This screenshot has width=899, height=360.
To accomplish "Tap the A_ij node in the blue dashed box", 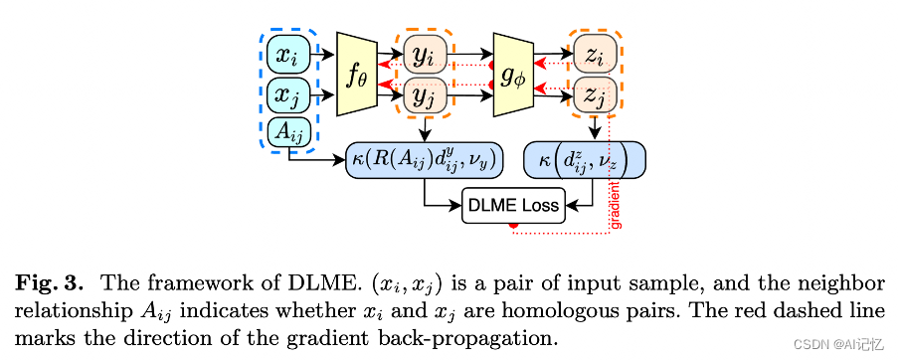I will [287, 130].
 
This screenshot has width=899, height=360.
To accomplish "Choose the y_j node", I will [425, 96].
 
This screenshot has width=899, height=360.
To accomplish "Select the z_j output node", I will [594, 96].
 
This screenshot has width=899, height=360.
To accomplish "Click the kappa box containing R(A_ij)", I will [426, 160].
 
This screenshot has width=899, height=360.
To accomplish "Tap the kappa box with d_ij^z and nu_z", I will [585, 160].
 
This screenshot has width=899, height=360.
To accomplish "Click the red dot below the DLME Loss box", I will [513, 229].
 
